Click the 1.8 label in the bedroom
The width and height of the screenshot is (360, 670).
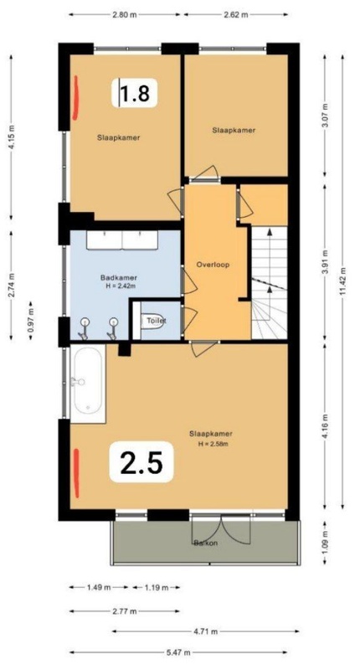[135, 93]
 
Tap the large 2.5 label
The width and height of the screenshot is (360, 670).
[141, 463]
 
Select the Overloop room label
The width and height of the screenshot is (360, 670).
[213, 265]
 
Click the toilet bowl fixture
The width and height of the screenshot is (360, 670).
[152, 321]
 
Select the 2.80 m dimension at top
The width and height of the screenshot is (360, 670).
[124, 14]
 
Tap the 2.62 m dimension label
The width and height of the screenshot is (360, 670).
[235, 14]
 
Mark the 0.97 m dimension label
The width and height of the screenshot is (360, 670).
[31, 321]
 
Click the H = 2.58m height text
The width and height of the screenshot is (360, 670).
[213, 444]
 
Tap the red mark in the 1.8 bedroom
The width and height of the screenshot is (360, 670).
[75, 97]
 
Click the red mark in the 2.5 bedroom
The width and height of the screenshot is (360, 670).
[76, 472]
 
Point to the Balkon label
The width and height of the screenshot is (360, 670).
[205, 544]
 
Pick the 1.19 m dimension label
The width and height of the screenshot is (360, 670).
[156, 587]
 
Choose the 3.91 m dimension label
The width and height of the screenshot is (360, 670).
[326, 261]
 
